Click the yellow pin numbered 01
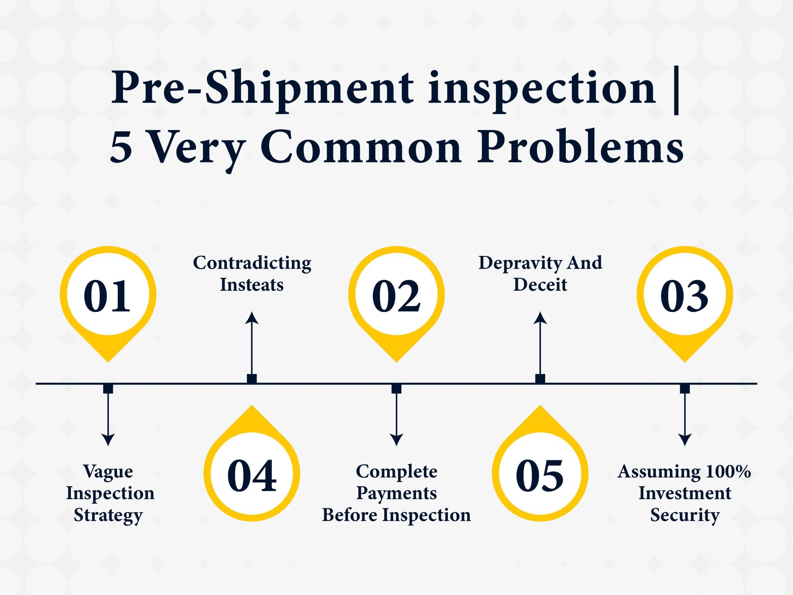pyautogui.click(x=108, y=301)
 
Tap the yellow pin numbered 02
pyautogui.click(x=396, y=301)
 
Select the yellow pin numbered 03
pyautogui.click(x=685, y=301)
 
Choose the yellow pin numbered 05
pyautogui.click(x=540, y=466)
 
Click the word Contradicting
pyautogui.click(x=252, y=264)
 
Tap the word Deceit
pyautogui.click(x=540, y=285)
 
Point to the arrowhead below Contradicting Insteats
pyautogui.click(x=252, y=318)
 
